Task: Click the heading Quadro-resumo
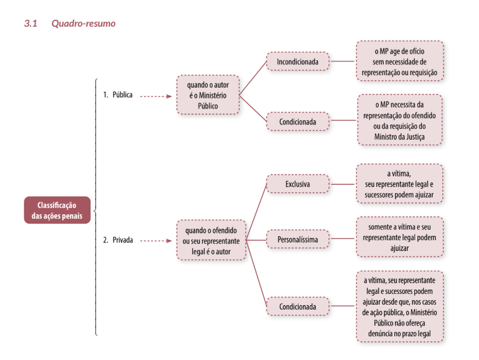83,24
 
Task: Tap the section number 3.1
31,24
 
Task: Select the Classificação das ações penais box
57,210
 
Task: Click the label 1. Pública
118,94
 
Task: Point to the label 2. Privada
118,240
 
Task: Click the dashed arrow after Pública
156,97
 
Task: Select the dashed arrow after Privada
156,241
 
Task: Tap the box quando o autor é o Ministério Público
208,95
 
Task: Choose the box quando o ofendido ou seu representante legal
211,240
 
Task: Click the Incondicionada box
298,62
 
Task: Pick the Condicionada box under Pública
298,122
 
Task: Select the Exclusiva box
298,184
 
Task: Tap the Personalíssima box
298,240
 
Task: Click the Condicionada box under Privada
298,306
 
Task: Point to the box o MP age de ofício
400,61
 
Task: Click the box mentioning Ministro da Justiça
400,120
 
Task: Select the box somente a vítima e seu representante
400,237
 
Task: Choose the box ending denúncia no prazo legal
400,306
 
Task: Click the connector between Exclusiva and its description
343,184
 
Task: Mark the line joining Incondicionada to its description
343,61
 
